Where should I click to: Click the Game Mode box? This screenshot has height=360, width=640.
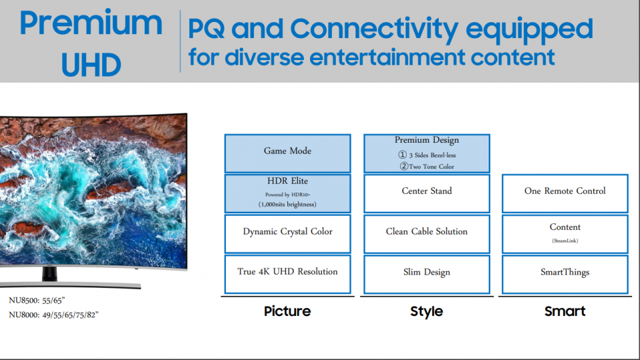click(287, 153)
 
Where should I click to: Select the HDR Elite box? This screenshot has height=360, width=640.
click(287, 193)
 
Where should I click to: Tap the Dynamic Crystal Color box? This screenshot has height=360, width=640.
click(287, 234)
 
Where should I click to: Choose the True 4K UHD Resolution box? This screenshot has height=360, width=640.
click(287, 274)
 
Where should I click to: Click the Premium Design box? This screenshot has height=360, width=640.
click(427, 153)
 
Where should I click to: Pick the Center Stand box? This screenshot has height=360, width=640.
click(427, 193)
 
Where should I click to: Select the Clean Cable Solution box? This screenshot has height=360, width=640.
click(427, 234)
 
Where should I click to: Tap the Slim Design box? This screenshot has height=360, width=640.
click(427, 274)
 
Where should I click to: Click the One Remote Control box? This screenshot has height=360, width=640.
click(565, 193)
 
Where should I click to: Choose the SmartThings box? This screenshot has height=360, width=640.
click(565, 274)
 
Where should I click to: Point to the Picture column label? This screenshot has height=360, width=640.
click(287, 311)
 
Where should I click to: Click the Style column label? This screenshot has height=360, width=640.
click(427, 312)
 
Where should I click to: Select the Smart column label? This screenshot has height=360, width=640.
click(565, 311)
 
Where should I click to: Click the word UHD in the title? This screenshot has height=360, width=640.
click(91, 65)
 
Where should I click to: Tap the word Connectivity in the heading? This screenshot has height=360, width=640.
click(374, 29)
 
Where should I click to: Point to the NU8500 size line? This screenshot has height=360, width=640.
click(37, 301)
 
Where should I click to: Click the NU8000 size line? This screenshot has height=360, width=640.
click(53, 315)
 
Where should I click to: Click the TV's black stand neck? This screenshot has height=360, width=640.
click(49, 274)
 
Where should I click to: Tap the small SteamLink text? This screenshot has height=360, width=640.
click(565, 241)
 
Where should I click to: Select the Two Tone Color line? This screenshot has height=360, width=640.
click(427, 166)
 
